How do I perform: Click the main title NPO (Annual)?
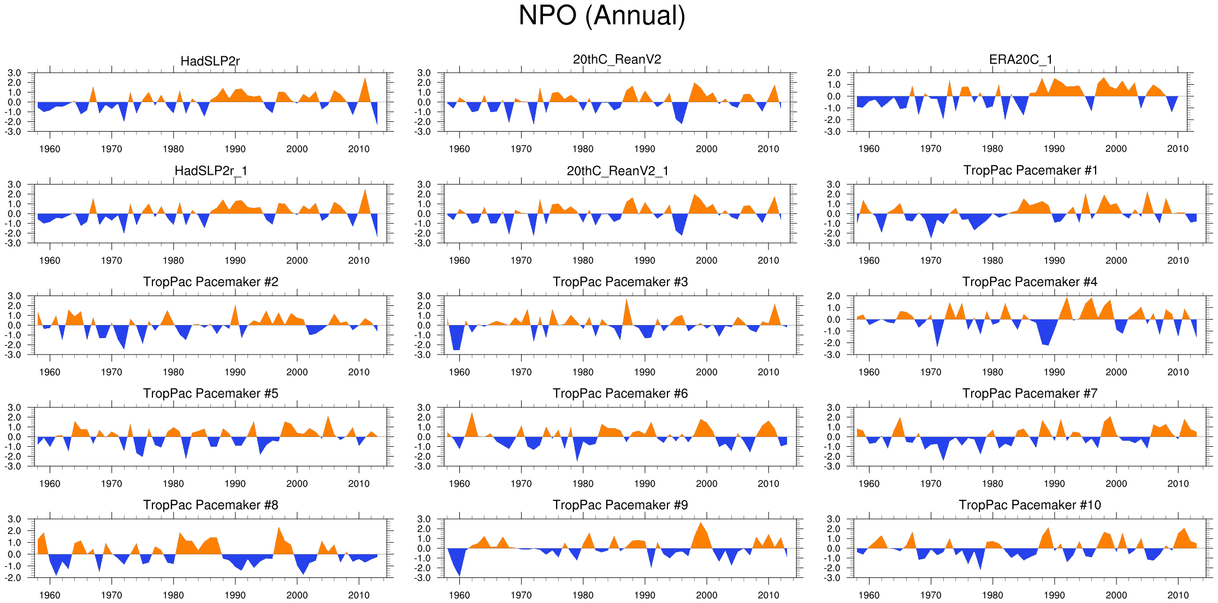point(601,15)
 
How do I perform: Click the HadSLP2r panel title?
point(210,61)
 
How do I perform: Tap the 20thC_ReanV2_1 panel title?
point(617,171)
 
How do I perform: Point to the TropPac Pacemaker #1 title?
point(1030,170)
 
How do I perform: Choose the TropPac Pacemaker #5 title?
point(210,393)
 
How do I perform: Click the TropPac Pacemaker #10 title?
point(1030,505)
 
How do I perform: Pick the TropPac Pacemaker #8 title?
point(210,505)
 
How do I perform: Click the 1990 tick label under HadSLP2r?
point(235,149)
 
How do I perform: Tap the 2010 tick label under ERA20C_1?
point(1178,149)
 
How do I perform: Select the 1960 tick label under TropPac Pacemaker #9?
point(459,595)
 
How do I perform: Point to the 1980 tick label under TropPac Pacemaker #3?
point(583,372)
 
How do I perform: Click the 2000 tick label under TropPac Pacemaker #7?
point(1116,483)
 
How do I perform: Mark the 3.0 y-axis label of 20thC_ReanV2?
point(424,73)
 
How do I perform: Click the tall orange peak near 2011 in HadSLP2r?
point(365,87)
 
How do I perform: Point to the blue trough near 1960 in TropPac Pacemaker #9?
point(459,568)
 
